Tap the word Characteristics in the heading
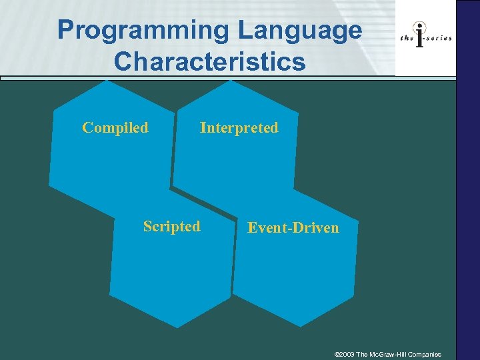(x=209, y=61)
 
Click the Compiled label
(x=115, y=127)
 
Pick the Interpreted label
(x=239, y=127)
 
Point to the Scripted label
(x=171, y=227)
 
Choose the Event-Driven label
(x=293, y=228)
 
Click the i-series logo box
(x=426, y=38)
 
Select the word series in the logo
(x=438, y=39)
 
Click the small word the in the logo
(x=406, y=39)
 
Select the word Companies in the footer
(x=426, y=354)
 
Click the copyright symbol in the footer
(x=337, y=354)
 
